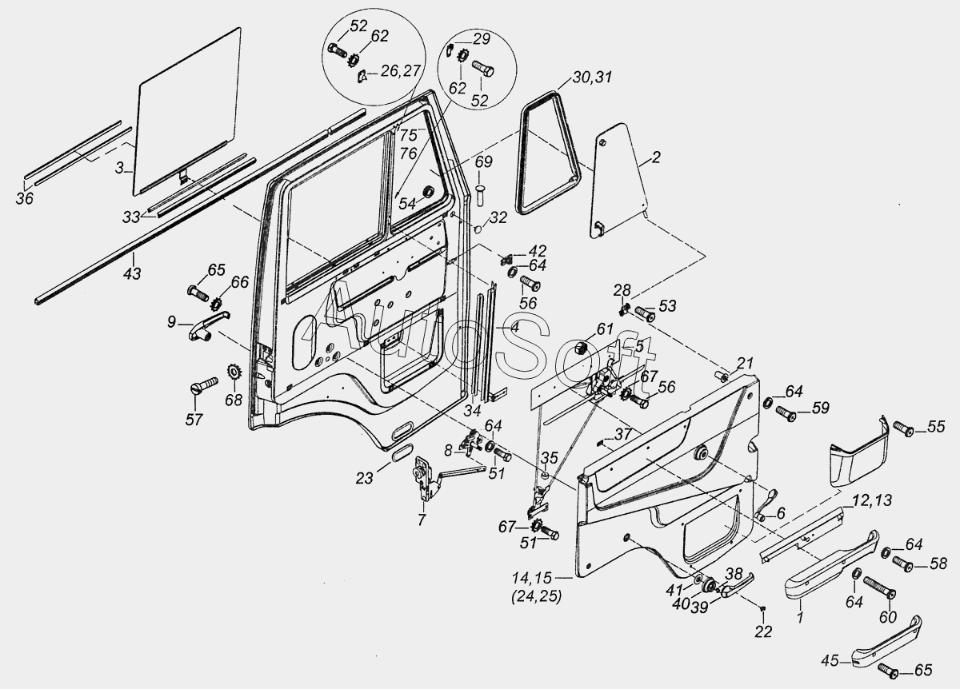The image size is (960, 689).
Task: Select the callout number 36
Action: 25,198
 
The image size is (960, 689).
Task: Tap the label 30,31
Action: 592,78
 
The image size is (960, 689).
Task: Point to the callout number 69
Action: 484,162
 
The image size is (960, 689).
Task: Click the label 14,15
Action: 532,578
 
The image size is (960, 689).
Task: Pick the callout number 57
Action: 194,419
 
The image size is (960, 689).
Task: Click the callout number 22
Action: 763,631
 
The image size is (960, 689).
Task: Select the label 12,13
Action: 872,500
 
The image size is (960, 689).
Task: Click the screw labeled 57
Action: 203,384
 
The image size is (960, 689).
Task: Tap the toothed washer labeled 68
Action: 234,371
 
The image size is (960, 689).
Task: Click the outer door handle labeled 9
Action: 209,326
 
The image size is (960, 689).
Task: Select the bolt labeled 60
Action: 879,587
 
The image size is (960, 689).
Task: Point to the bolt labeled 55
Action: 903,428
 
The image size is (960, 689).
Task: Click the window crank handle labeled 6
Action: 766,506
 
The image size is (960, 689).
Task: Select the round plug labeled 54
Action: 428,192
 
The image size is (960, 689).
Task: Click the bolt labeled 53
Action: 644,314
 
